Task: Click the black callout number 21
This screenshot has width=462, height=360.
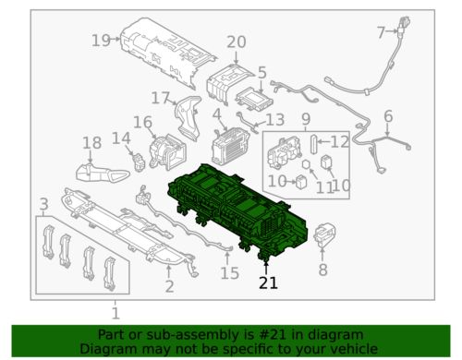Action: (268, 283)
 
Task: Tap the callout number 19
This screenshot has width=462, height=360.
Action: (101, 41)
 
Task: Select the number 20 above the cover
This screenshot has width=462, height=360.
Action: (237, 42)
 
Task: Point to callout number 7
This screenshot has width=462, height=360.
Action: (381, 32)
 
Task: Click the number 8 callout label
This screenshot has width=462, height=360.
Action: (322, 270)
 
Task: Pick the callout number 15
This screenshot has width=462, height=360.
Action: (230, 273)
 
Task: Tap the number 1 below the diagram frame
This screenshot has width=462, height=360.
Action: (115, 313)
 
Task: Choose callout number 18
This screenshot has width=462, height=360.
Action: (92, 143)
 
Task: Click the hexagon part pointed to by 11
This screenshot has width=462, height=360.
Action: (306, 164)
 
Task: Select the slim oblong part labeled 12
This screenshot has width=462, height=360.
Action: (313, 144)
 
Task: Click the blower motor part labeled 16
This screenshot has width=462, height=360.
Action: (167, 151)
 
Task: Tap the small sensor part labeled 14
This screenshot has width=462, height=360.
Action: (140, 161)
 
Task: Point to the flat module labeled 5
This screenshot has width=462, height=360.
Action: (254, 99)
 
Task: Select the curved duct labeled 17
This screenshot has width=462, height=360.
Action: (188, 118)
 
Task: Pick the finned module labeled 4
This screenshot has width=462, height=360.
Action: (230, 147)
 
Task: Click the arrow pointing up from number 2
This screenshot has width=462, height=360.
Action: (168, 271)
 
